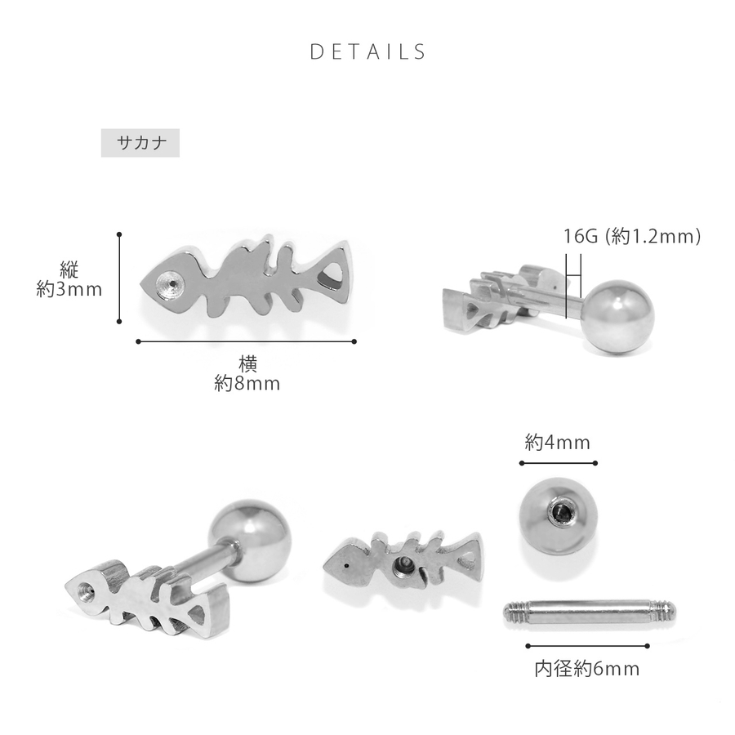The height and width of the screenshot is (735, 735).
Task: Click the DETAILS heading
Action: [368, 51]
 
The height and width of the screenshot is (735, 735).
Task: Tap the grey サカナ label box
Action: [140, 142]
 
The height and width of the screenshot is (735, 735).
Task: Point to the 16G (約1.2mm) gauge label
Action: [632, 236]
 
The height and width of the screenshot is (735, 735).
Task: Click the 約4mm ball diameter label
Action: [557, 443]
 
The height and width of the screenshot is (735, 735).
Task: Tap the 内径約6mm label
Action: [587, 669]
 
